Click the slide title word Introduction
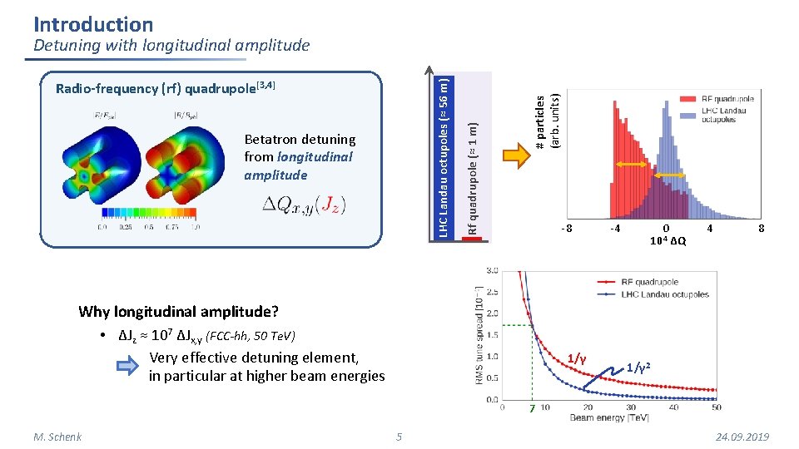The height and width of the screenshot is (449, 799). (x=93, y=24)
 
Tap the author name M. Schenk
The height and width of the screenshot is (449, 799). (x=57, y=437)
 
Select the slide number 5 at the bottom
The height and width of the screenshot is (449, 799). (x=399, y=437)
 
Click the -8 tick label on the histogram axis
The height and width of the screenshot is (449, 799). (x=566, y=228)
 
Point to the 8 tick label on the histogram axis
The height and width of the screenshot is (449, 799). (x=760, y=228)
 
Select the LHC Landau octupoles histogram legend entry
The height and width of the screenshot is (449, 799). (x=722, y=114)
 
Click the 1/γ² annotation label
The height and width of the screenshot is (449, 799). (x=638, y=367)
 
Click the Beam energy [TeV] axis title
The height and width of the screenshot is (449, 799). (x=609, y=417)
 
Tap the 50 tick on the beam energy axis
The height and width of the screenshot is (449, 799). (x=717, y=407)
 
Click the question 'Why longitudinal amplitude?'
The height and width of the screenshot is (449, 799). (x=178, y=312)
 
